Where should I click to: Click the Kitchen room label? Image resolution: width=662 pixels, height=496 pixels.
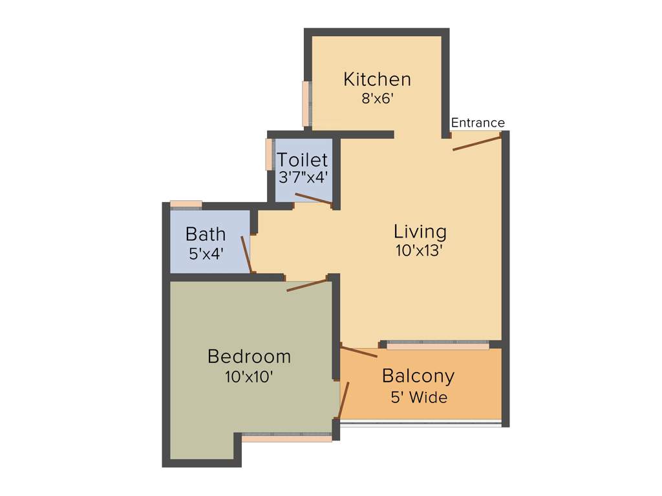coord(377,79)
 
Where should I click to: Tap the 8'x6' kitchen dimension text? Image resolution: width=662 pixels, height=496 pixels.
coord(378,99)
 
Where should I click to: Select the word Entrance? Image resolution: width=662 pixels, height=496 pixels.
coord(478,123)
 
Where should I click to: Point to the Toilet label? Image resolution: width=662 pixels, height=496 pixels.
coord(302,160)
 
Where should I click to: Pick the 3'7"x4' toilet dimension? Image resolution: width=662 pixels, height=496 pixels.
coord(303,177)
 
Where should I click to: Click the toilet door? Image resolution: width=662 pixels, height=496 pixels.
coord(314,199)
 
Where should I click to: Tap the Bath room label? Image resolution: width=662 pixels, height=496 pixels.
coord(206,233)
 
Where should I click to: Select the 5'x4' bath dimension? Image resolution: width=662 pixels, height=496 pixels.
coord(206,253)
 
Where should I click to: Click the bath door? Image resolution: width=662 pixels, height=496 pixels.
coord(246,254)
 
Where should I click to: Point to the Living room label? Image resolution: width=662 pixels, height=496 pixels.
coord(420,231)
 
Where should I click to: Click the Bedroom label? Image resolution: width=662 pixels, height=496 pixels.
coord(249,356)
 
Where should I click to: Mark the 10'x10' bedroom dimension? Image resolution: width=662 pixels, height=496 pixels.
coord(249,377)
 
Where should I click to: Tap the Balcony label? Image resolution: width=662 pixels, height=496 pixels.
coord(418,376)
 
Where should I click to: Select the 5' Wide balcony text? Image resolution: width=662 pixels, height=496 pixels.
coord(419,397)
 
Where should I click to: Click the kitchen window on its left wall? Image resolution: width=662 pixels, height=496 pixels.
coord(306,103)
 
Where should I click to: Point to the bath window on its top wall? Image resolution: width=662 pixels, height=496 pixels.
coord(186,205)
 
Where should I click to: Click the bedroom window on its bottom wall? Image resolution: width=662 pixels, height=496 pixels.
coord(286,437)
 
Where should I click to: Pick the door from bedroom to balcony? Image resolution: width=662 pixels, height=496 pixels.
coord(343,400)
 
